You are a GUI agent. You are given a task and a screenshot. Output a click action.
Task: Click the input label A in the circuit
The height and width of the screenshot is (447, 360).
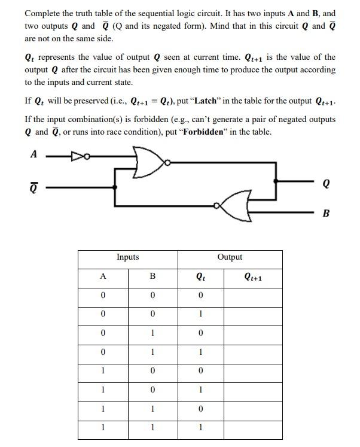tap(33, 154)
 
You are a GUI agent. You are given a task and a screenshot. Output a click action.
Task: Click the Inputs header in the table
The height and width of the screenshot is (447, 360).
tap(127, 257)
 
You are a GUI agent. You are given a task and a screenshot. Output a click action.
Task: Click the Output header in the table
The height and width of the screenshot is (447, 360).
tap(230, 257)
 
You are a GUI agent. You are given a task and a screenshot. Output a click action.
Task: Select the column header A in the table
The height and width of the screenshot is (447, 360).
tap(103, 276)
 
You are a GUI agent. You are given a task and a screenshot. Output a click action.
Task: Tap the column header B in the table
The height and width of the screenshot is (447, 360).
tap(152, 276)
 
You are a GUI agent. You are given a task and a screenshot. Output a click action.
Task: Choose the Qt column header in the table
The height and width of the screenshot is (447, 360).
tap(200, 276)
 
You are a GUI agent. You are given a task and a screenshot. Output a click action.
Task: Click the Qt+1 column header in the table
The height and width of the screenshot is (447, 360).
tap(254, 276)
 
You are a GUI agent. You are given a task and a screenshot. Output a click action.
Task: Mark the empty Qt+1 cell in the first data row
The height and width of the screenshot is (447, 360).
tap(254, 295)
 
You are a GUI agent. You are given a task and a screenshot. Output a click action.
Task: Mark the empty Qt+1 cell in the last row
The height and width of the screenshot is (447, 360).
tap(254, 427)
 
